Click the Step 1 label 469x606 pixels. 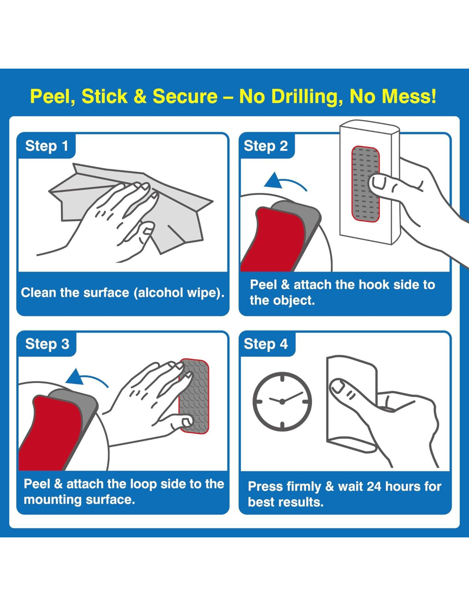coord(46,146)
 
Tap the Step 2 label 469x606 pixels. coord(266,146)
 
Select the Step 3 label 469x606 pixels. coord(47,344)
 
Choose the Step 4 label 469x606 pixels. coord(266,344)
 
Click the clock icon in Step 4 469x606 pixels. coord(282,401)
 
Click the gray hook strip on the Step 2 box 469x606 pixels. coord(365,185)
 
